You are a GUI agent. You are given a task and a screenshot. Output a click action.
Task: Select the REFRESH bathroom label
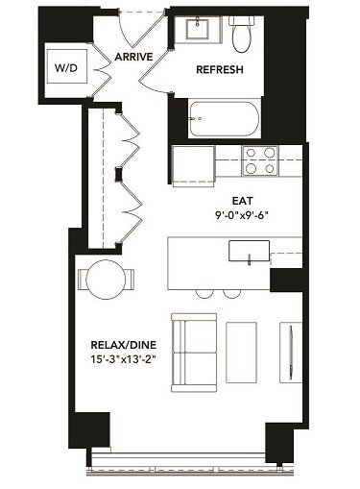220,71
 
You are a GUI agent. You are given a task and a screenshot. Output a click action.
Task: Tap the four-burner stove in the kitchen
258,160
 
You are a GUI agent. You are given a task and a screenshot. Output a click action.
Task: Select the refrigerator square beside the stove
192,163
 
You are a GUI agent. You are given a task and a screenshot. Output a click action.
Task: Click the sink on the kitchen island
250,252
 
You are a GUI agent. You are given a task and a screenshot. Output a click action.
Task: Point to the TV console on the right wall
285,348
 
